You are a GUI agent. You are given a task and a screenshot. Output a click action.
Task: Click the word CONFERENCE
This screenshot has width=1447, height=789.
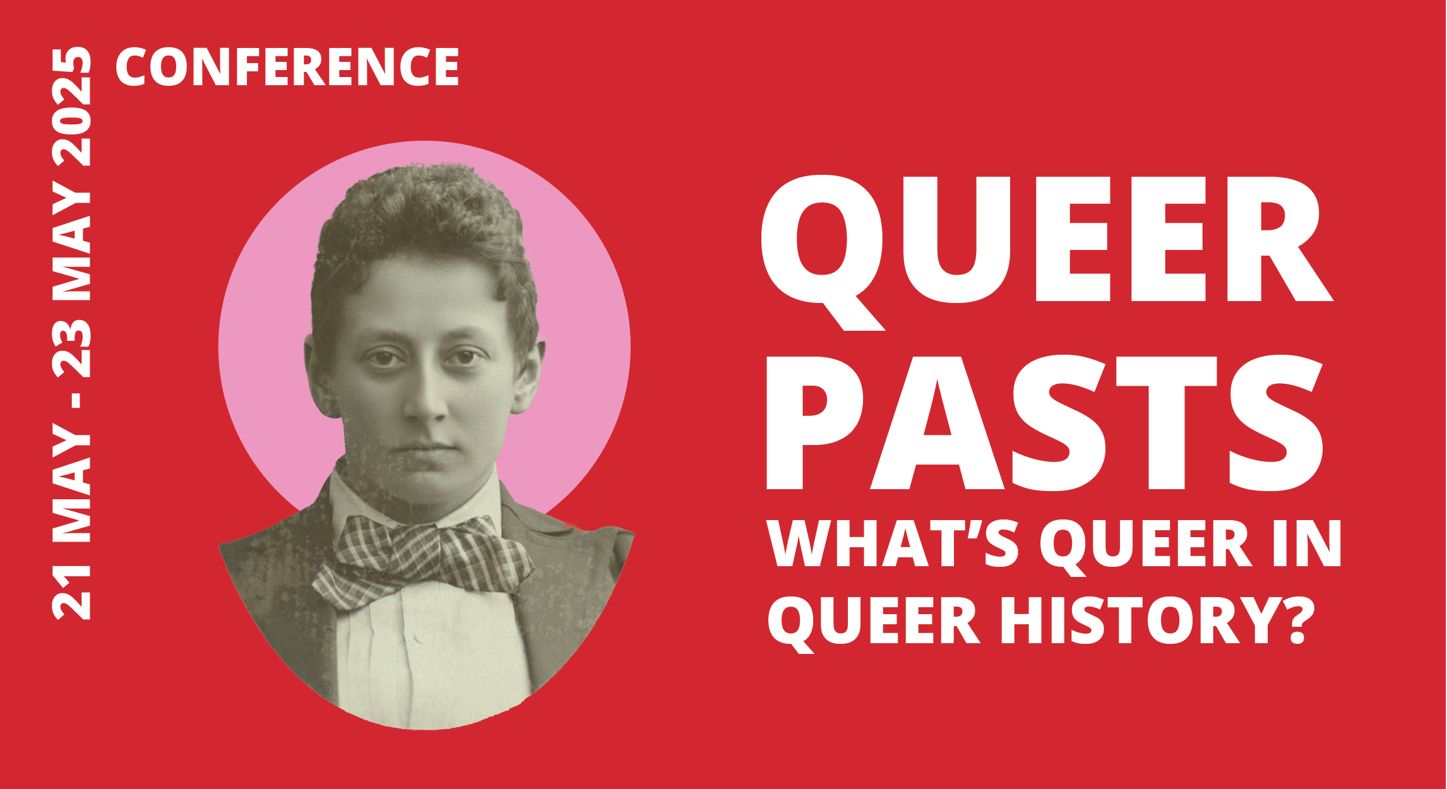(287, 67)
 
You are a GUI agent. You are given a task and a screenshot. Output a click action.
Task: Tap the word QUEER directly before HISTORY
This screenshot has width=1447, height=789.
(874, 624)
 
